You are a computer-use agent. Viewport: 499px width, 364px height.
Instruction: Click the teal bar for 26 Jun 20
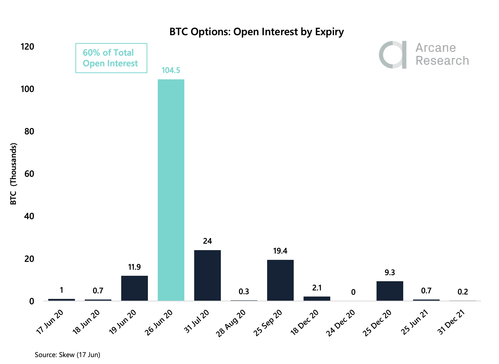(171, 190)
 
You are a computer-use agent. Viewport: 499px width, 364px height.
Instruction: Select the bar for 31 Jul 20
(207, 275)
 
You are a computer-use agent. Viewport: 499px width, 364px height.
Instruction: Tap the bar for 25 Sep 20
(280, 280)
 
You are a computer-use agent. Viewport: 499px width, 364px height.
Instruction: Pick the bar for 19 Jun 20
(134, 288)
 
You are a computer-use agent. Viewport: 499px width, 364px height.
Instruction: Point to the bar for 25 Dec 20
(390, 291)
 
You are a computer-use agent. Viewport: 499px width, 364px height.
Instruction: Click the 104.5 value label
(171, 70)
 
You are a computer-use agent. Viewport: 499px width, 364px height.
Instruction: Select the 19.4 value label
(280, 251)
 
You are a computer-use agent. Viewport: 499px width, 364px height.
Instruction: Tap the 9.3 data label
(390, 273)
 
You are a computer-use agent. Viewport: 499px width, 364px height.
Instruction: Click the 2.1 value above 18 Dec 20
(317, 288)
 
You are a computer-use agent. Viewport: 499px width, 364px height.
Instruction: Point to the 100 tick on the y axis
(28, 89)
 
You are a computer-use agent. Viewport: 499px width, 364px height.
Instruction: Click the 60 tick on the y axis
(29, 174)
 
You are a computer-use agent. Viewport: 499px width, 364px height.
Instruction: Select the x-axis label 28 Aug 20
(231, 323)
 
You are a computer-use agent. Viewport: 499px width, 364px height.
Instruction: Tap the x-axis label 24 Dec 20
(341, 323)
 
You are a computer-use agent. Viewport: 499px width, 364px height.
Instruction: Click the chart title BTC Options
(256, 32)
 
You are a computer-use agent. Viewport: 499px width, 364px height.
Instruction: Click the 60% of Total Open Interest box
(111, 58)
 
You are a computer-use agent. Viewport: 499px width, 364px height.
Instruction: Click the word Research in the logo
(442, 61)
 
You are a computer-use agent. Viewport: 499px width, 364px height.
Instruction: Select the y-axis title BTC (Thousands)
(14, 174)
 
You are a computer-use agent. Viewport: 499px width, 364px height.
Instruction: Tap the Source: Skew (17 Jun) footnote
(67, 355)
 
